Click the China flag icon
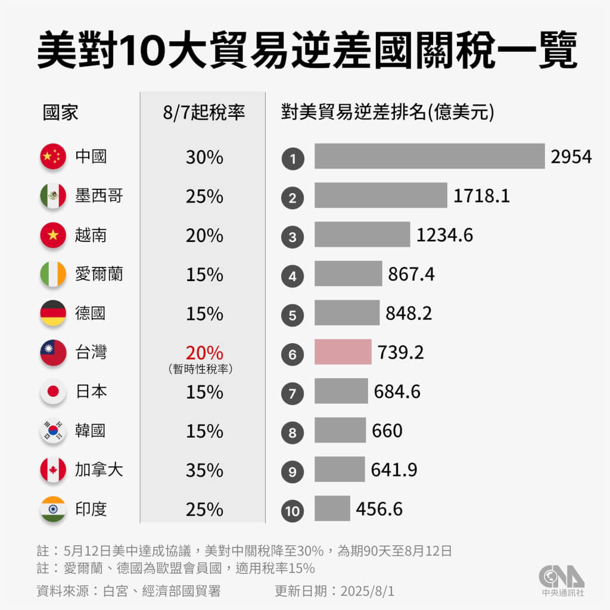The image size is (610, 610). [x=53, y=157]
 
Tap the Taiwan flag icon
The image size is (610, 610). [x=53, y=353]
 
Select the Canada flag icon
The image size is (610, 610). [x=53, y=470]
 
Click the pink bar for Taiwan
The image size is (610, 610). [x=343, y=353]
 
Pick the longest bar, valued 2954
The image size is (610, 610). [x=430, y=157]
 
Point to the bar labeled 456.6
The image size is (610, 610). [x=332, y=509]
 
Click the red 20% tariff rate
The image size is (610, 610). [x=204, y=353]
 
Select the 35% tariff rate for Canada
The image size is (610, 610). [x=204, y=471]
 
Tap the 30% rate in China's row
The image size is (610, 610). [x=204, y=157]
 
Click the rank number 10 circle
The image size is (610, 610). [x=292, y=510]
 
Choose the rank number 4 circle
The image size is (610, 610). [x=292, y=276]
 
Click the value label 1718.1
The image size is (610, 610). [x=481, y=196]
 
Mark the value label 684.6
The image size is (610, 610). [x=397, y=392]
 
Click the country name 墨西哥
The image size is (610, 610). [x=99, y=196]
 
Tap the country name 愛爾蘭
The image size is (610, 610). [x=99, y=275]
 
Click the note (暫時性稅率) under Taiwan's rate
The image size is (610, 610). [x=200, y=370]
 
